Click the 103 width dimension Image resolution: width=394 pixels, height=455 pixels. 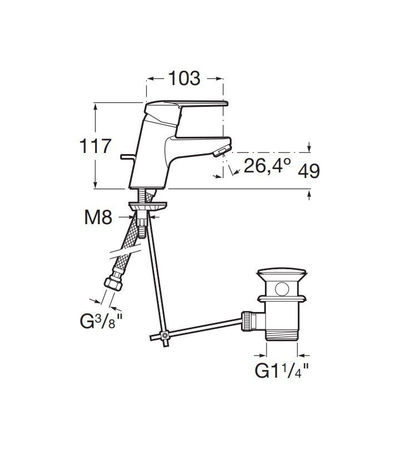184,78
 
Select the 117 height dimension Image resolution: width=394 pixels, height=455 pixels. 95,146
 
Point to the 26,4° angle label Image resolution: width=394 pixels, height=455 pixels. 267,165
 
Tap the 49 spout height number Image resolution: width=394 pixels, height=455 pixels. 309,171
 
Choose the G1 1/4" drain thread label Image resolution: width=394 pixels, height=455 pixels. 282,370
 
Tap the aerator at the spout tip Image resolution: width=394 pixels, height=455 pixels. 222,151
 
